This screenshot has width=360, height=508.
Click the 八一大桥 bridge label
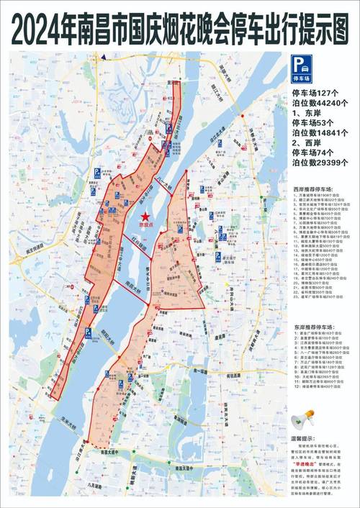173,188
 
